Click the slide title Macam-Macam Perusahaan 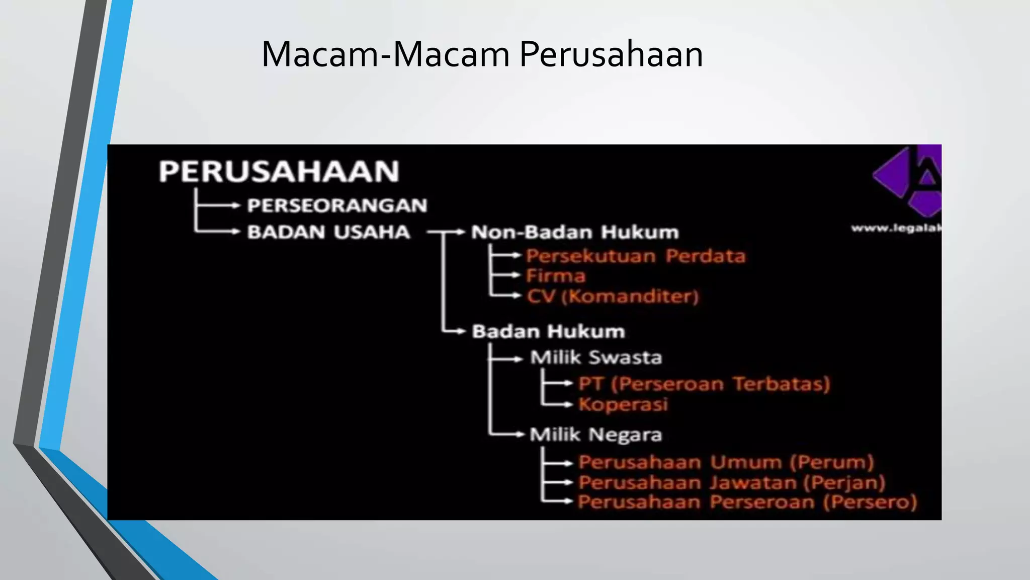[x=482, y=54]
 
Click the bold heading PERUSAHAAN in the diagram [x=279, y=171]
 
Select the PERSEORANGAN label [x=337, y=205]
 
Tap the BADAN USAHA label [x=329, y=232]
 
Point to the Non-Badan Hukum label [x=575, y=232]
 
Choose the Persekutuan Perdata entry [x=636, y=256]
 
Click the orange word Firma [x=556, y=276]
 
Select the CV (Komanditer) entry [x=613, y=296]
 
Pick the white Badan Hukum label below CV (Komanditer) [x=548, y=331]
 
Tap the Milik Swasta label [x=596, y=357]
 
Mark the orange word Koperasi [x=623, y=404]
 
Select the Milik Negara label [x=596, y=434]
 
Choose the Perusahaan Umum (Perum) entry [x=726, y=462]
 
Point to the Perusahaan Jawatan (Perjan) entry [x=732, y=482]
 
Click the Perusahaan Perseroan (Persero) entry [x=747, y=502]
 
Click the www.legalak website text [x=896, y=229]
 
